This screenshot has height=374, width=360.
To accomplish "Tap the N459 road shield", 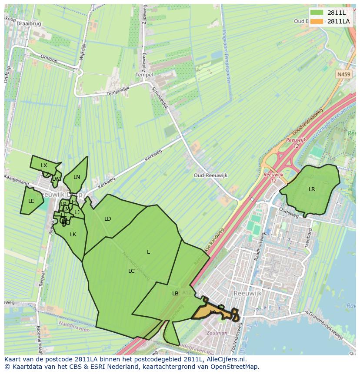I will [x=343, y=75].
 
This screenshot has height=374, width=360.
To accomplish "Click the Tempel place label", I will [x=144, y=75].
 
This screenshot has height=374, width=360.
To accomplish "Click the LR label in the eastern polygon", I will [x=312, y=189].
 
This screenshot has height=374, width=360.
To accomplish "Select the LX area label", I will [x=44, y=165].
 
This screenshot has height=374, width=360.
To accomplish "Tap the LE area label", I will [x=31, y=201].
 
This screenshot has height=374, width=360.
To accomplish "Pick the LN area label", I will [x=77, y=177].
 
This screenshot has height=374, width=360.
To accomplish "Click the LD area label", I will [x=108, y=219].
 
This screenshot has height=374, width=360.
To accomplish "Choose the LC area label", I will [x=131, y=271].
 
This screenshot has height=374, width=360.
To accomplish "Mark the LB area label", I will [x=175, y=294].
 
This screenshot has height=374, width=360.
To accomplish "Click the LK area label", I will [x=73, y=235].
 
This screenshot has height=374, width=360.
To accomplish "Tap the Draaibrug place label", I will [x=28, y=24].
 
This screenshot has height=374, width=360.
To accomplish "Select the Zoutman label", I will [x=217, y=333].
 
